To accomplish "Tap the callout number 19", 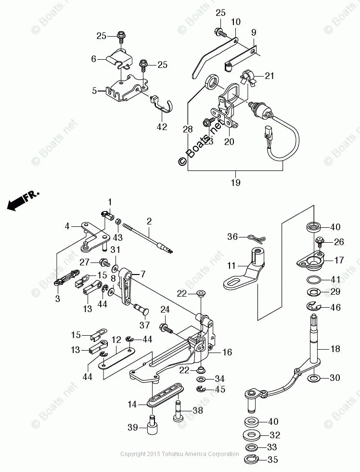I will [x=235, y=183].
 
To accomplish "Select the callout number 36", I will [x=233, y=236].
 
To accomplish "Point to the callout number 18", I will [x=335, y=349].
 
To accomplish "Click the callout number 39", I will [x=132, y=427].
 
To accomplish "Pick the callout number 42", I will [x=162, y=127].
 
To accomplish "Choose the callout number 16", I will [x=227, y=353].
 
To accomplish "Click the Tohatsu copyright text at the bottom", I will [x=180, y=454].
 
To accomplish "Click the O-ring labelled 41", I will [x=312, y=280].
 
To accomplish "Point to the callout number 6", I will [x=93, y=59].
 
